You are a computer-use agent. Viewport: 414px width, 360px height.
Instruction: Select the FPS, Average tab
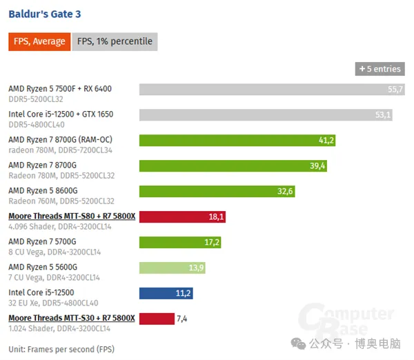(x=39, y=41)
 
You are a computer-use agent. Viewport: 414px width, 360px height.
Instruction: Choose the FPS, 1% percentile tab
(x=115, y=41)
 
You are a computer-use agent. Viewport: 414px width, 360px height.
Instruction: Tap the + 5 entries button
(x=379, y=69)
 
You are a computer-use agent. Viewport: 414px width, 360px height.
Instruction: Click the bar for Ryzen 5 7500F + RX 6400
(x=272, y=90)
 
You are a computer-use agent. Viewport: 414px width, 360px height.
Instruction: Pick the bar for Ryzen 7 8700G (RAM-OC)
(x=237, y=141)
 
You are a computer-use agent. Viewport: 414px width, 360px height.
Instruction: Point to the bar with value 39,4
(x=233, y=166)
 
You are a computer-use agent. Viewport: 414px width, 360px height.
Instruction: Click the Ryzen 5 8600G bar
(x=217, y=191)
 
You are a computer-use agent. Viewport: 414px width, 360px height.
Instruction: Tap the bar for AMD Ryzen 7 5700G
(x=180, y=242)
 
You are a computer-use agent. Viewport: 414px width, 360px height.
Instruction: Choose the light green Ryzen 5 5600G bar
(x=172, y=268)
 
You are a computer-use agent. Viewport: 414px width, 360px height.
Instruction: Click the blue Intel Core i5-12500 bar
(x=166, y=293)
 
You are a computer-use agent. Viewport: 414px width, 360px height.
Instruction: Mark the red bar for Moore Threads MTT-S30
(x=157, y=319)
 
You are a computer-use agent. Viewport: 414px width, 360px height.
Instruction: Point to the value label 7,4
(x=183, y=319)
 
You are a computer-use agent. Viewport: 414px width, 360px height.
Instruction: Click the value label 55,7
(x=395, y=90)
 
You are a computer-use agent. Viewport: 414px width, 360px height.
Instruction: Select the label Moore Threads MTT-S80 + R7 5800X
(x=72, y=217)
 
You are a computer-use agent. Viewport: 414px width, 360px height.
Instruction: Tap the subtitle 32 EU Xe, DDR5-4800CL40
(x=53, y=303)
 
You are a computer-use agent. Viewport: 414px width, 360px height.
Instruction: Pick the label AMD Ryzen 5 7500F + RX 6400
(x=59, y=88)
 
